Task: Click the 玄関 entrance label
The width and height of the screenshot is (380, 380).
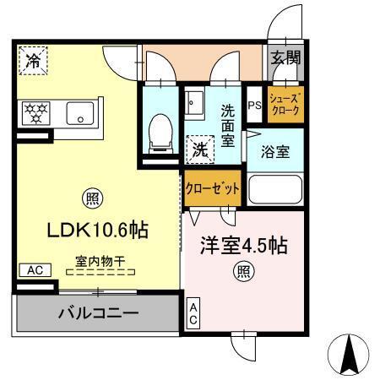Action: point(285,57)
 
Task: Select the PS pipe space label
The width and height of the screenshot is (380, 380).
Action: point(254,106)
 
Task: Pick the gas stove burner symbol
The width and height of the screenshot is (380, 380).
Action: point(36,112)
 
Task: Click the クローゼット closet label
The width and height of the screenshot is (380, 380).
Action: point(214,188)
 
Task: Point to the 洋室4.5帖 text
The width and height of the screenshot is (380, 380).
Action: point(244,246)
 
